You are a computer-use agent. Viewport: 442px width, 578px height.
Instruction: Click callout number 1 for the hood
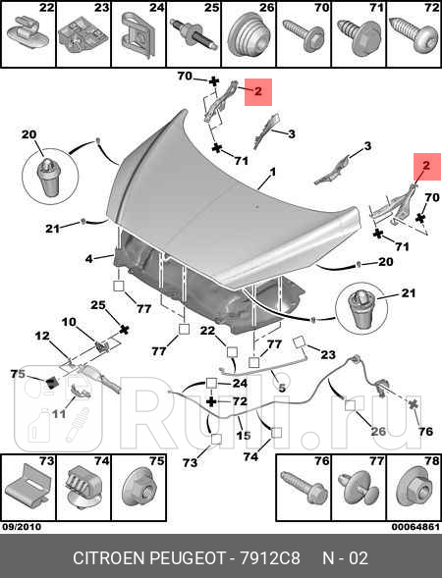(x=273, y=172)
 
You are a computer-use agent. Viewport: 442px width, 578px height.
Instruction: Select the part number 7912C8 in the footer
(x=270, y=558)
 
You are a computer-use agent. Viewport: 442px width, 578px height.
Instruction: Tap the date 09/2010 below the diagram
(x=22, y=527)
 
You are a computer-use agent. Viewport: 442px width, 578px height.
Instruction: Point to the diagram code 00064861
(x=415, y=527)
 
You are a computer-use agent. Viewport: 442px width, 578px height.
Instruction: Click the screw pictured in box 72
(x=413, y=35)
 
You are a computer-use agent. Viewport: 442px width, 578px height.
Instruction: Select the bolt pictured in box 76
(x=304, y=486)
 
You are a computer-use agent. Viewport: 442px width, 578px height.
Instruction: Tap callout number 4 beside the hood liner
(x=89, y=259)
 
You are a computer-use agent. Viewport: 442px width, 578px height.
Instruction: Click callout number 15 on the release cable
(x=244, y=436)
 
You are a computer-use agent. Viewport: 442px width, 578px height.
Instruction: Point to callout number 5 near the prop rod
(x=282, y=388)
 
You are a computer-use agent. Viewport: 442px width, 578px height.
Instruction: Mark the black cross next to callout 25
(x=125, y=329)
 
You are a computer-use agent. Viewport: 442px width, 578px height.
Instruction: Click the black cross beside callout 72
(x=211, y=401)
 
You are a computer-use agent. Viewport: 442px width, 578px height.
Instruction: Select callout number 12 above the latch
(x=42, y=336)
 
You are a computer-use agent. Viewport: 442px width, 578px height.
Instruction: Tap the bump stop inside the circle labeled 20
(x=49, y=177)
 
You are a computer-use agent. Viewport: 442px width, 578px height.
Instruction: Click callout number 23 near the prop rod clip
(x=328, y=354)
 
